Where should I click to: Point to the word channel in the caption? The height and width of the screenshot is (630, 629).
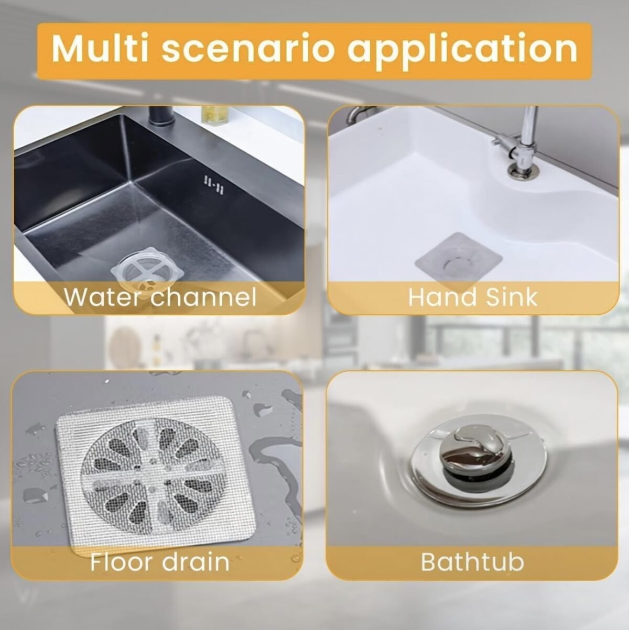pos(203,296)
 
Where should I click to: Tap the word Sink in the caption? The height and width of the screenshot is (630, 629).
pos(512,296)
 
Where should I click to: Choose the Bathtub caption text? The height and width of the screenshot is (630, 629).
pos(472,561)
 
